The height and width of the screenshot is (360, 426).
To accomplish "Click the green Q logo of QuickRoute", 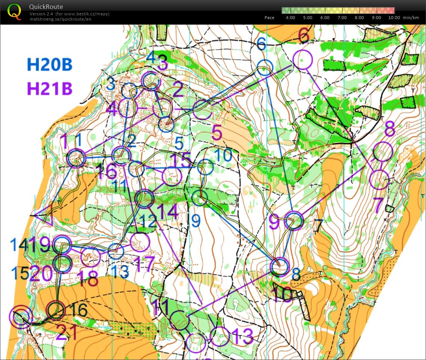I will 15,12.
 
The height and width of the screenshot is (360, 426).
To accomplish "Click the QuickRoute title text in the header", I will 46,7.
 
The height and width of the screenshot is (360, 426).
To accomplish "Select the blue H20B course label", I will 49,65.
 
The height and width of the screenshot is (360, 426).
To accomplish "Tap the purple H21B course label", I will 49,89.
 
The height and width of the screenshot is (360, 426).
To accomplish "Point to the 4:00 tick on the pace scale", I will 290,18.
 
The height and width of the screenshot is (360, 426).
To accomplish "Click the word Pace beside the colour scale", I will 269,18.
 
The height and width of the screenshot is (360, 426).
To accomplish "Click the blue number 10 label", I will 224,155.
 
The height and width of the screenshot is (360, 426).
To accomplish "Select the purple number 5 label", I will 217,133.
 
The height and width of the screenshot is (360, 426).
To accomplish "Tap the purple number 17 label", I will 144,264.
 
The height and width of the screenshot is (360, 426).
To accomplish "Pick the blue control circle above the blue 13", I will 116,251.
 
